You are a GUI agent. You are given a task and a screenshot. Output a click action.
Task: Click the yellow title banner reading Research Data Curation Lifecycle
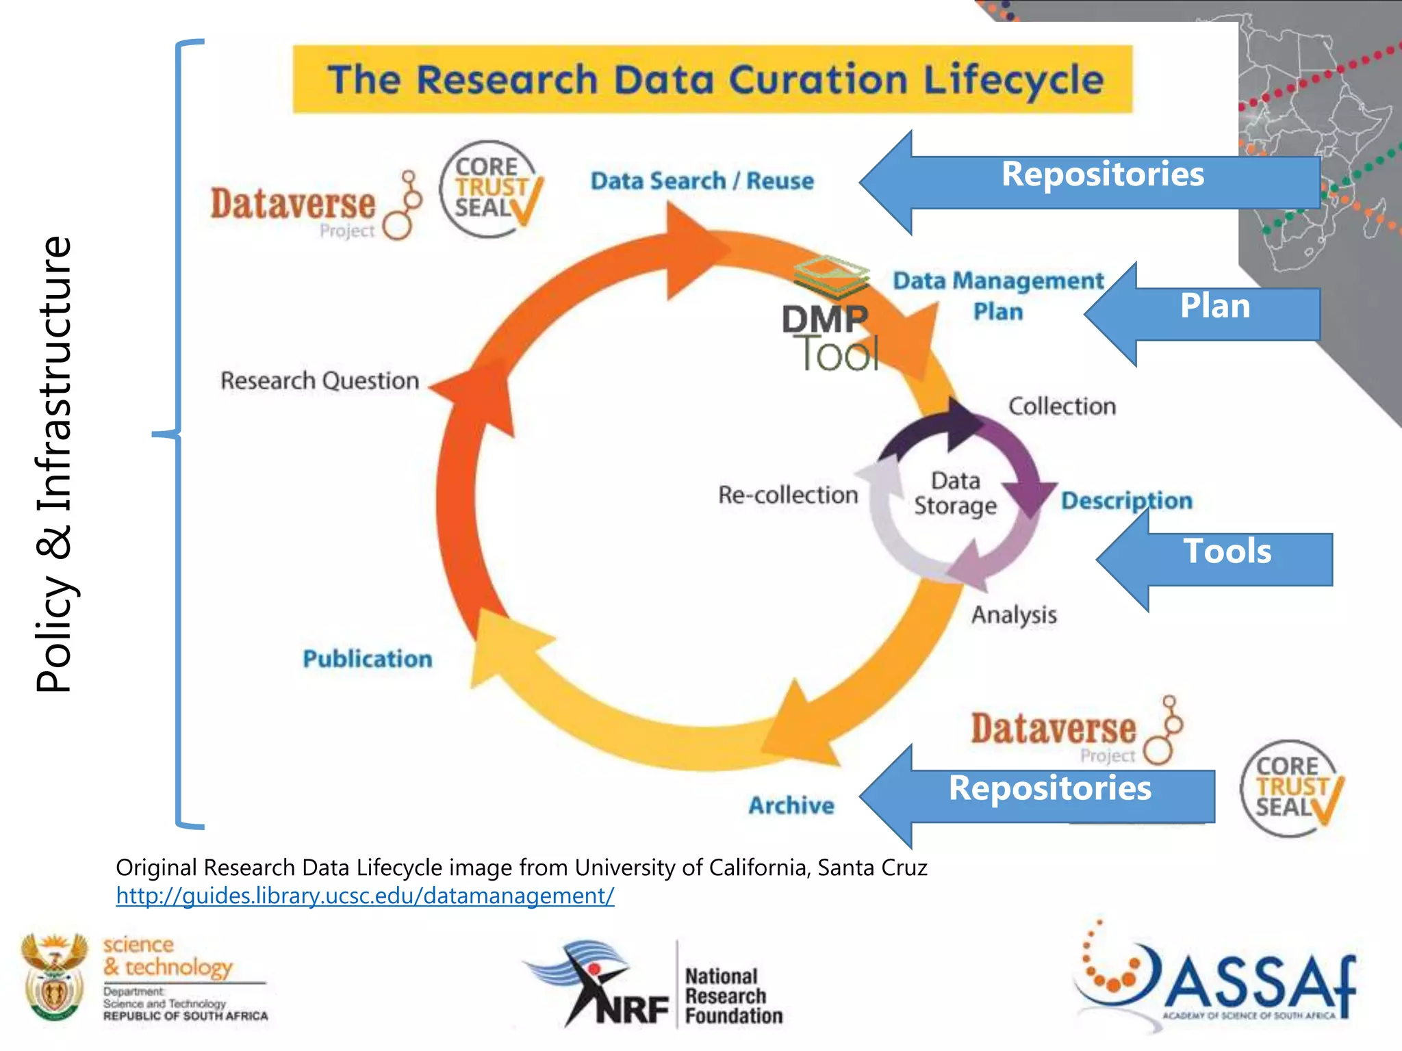click(x=712, y=79)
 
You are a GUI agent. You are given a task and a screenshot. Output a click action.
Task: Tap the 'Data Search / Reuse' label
click(x=702, y=181)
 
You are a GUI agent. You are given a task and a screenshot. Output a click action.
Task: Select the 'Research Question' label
click(x=320, y=380)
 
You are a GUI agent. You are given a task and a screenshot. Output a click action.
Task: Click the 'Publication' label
click(x=368, y=659)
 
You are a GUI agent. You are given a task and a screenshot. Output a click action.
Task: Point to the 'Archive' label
click(x=791, y=805)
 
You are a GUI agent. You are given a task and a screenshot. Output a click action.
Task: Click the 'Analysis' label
click(x=1014, y=615)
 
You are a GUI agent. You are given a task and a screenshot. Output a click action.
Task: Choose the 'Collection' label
click(x=1062, y=406)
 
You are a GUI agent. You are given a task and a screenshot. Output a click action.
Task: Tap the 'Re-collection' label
click(x=788, y=495)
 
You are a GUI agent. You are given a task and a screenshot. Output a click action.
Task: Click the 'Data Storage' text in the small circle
click(x=956, y=493)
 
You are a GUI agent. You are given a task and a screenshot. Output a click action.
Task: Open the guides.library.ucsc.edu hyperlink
click(x=365, y=896)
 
